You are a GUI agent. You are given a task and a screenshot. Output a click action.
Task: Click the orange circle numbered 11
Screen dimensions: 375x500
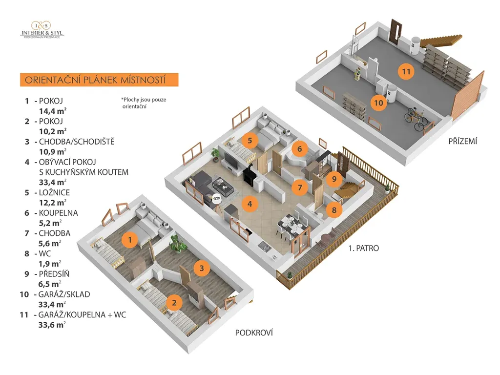coord(405,72)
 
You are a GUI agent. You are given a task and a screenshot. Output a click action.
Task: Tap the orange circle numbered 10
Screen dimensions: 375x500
coord(378,103)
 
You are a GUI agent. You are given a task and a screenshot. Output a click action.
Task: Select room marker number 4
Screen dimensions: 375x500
coord(250,204)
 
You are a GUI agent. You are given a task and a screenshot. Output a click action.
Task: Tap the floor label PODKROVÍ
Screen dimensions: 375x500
coord(253,333)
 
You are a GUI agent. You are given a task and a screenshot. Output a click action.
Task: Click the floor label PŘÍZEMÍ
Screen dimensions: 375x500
coord(462,142)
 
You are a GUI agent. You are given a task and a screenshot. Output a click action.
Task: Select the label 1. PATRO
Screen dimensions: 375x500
coord(364,248)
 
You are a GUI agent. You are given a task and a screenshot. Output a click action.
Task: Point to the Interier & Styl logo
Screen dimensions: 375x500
coord(42,30)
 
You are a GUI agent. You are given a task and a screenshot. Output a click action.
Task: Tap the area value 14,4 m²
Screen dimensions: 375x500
coord(53,111)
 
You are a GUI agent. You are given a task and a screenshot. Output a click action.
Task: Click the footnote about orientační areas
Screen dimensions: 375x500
coord(144,103)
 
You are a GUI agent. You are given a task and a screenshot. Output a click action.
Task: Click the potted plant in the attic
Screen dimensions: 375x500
coord(178,243)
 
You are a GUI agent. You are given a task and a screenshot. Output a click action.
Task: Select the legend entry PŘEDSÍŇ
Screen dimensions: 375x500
coord(54,274)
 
